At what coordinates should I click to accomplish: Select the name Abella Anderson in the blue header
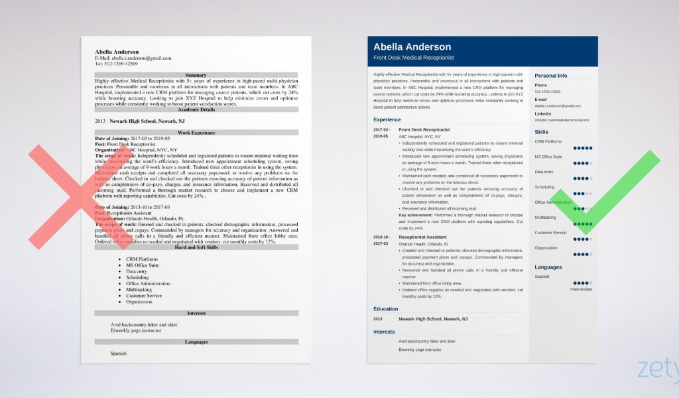coord(412,47)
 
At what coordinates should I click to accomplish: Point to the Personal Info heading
coord(551,76)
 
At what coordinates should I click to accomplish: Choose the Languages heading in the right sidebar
coord(548,267)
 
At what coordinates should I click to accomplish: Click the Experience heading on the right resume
coord(387,119)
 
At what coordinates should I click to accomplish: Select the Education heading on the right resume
coord(386,308)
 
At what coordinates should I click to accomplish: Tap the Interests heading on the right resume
coord(385,332)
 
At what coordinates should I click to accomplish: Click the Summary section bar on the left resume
coord(196,75)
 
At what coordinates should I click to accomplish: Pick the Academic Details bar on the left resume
coord(196,108)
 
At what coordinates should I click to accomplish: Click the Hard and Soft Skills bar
coord(196,247)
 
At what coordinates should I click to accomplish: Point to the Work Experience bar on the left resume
coord(196,133)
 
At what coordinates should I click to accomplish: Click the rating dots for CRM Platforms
coord(583,148)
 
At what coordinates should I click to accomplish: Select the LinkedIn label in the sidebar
coord(543,114)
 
